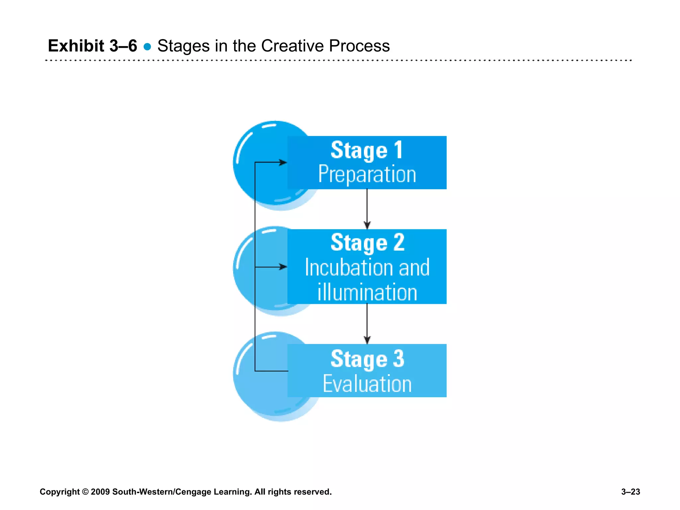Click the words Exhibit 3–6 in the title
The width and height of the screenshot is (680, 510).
click(92, 46)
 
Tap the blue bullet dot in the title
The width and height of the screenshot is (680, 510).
click(147, 47)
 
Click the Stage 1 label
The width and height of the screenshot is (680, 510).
click(367, 150)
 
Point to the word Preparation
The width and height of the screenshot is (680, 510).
click(367, 174)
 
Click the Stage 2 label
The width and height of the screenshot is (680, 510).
click(367, 243)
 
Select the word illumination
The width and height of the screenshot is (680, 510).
click(367, 293)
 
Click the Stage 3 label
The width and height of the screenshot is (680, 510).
click(367, 359)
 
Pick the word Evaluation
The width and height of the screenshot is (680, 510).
click(367, 384)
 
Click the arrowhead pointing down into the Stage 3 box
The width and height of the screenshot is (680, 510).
click(367, 340)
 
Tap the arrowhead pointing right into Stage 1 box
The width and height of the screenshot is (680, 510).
click(283, 162)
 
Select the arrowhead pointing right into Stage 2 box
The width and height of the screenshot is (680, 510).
click(283, 267)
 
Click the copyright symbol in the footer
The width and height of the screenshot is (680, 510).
click(85, 492)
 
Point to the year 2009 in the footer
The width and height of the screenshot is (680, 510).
click(100, 492)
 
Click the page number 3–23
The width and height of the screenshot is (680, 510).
click(630, 492)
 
